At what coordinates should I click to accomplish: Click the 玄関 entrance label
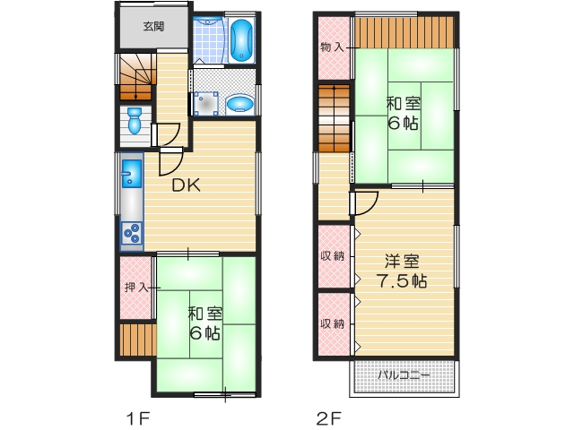click(153, 26)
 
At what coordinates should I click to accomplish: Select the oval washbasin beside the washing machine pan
click(239, 105)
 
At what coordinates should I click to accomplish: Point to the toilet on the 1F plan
click(134, 120)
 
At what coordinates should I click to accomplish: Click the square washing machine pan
click(208, 104)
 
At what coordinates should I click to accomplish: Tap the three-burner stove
click(131, 233)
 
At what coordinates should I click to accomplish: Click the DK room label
click(186, 186)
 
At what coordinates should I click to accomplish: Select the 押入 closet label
click(135, 288)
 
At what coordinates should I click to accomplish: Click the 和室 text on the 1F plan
click(205, 314)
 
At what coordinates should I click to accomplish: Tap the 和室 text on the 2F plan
click(404, 103)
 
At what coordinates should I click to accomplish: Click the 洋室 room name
click(403, 262)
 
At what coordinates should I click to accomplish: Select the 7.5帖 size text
click(403, 281)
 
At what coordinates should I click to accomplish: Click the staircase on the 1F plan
click(135, 76)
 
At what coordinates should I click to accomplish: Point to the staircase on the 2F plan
click(335, 116)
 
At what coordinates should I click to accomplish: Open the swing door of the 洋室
click(364, 205)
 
